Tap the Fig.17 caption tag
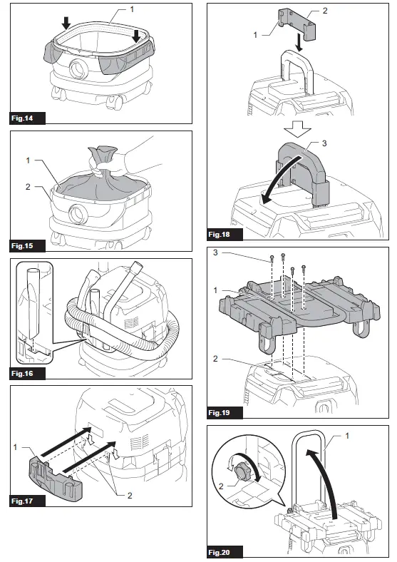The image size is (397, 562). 24,501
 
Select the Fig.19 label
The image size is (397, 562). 223,412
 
